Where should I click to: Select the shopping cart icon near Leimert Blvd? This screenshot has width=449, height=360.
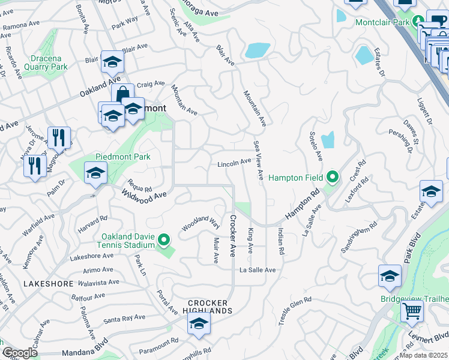click(412, 311)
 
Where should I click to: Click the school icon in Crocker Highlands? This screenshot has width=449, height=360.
click(198, 324)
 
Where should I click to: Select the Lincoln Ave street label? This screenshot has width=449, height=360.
click(234, 163)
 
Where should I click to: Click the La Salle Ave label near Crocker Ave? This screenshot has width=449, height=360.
click(258, 270)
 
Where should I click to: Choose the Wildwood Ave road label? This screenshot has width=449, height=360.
click(143, 194)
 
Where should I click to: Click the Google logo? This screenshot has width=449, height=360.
click(20, 353)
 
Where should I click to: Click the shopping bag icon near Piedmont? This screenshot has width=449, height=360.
click(123, 95)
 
